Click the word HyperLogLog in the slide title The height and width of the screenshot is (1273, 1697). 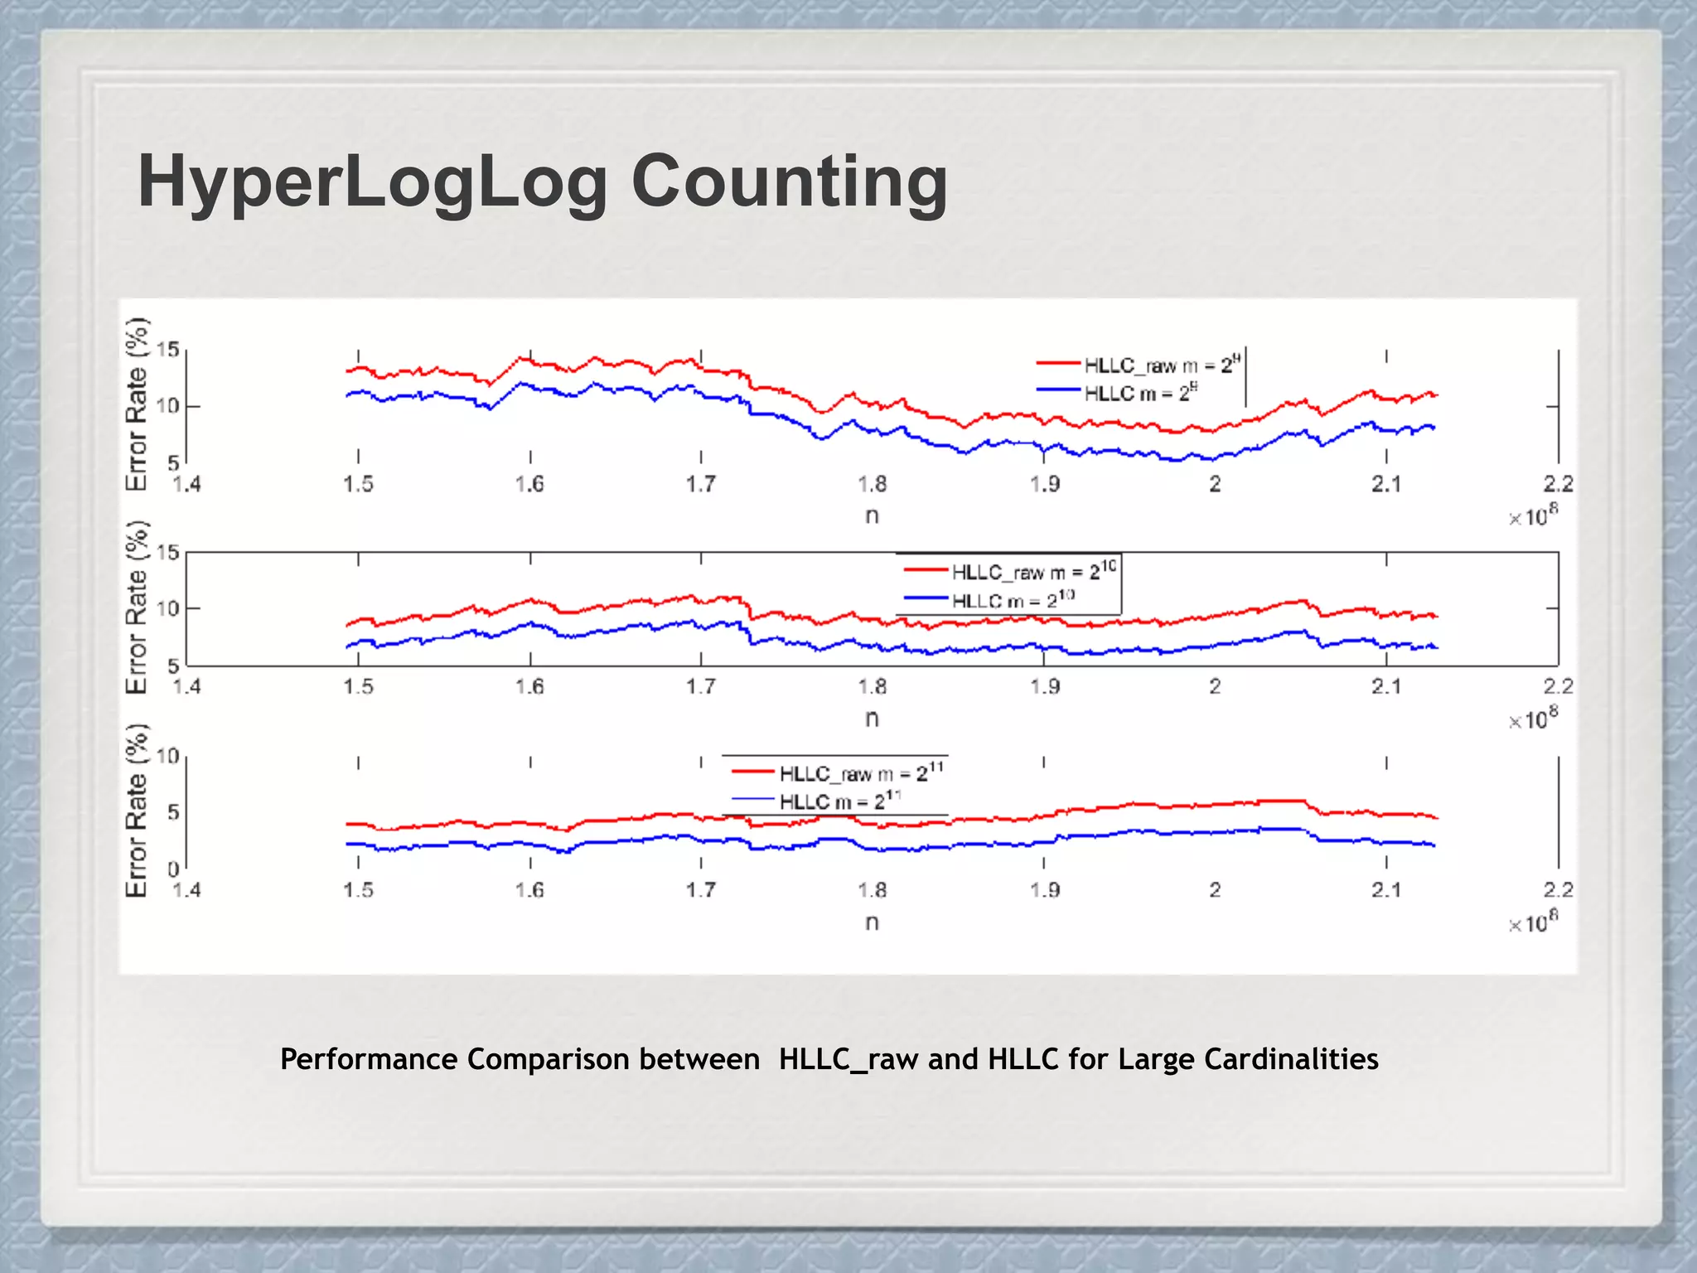coord(372,182)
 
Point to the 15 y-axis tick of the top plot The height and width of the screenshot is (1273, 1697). coord(168,350)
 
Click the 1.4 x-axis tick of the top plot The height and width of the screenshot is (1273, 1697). coord(186,484)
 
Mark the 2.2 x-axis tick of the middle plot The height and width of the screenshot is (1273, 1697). coord(1558,686)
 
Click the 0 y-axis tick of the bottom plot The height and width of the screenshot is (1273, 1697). coord(173,869)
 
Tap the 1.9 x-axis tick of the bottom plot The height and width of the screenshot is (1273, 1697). coord(1044,890)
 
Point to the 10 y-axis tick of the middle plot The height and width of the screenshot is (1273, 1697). coord(168,609)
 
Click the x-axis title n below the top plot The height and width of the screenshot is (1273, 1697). coord(872,515)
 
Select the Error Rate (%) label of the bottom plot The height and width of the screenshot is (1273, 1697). coord(137,811)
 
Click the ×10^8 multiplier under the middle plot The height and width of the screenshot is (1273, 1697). coord(1533,719)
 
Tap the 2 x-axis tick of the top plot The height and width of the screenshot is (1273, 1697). coord(1215,484)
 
